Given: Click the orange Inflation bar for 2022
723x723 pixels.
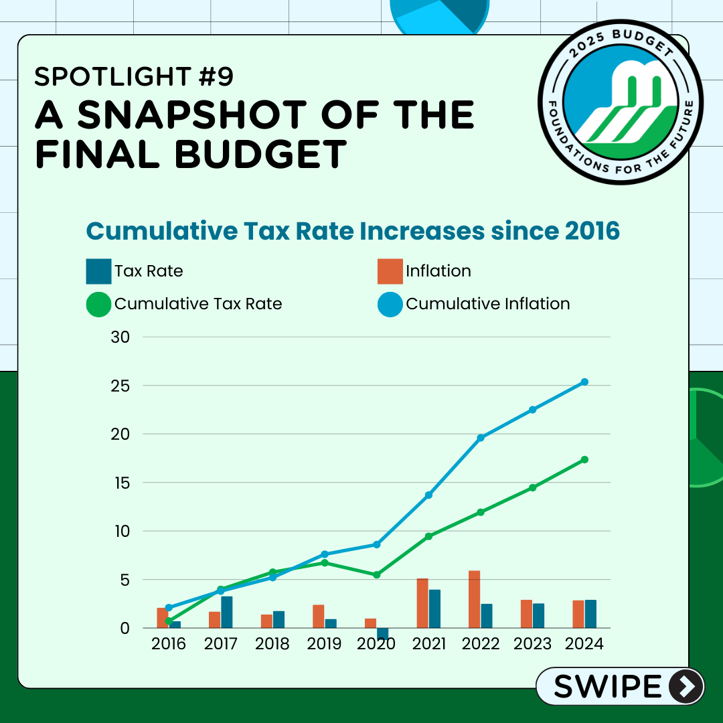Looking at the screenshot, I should [474, 599].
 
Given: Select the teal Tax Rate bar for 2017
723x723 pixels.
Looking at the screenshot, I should [227, 612].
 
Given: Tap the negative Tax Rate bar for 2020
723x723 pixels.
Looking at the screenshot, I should [382, 633].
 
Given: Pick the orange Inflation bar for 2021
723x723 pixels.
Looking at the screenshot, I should [422, 603].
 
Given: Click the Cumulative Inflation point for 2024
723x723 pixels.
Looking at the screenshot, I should [584, 382].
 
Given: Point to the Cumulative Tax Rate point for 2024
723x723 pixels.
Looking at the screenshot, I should [584, 459].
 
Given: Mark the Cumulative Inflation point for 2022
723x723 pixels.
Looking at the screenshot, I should [480, 438].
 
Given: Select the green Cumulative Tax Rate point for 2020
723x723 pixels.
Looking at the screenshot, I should [376, 575].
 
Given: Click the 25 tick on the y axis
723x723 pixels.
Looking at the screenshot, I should [121, 386].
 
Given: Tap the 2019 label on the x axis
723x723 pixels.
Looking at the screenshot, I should [324, 644].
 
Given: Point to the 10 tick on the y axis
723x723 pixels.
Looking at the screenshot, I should [121, 531].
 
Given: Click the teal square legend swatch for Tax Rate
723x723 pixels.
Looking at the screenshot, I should [98, 271].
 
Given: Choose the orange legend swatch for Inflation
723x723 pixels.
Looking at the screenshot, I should [390, 271].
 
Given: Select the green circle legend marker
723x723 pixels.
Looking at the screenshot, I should [98, 304].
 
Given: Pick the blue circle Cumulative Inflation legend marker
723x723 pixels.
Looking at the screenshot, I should [390, 304].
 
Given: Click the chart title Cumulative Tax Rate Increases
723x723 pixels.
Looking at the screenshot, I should [353, 231].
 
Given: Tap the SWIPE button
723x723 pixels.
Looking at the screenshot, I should [620, 686].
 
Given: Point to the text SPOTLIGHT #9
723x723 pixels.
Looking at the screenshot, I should [134, 77].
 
